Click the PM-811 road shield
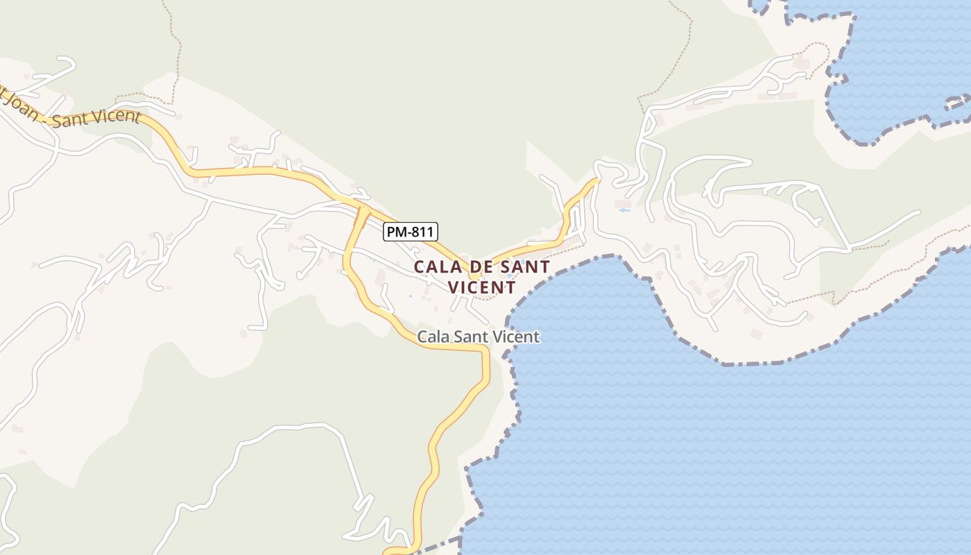[x=411, y=232]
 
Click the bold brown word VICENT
[x=481, y=287]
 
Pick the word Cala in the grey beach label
[x=433, y=337]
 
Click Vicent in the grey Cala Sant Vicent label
[x=517, y=337]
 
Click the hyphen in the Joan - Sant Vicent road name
[x=44, y=115]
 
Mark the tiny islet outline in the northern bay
[x=959, y=103]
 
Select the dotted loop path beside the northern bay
[x=818, y=55]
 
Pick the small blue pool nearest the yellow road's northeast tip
[x=623, y=210]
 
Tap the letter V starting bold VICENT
[x=454, y=287]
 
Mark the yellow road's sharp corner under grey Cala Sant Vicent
[x=485, y=351]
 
